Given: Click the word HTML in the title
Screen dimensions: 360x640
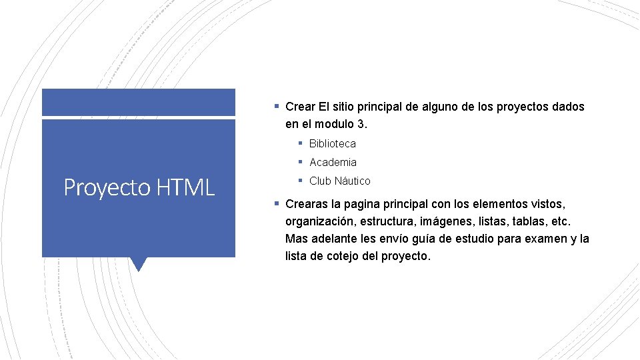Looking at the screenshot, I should coord(186,187).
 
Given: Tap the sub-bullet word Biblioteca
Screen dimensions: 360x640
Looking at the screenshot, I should coord(333,143).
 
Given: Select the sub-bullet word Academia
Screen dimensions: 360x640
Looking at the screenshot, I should coord(333,162).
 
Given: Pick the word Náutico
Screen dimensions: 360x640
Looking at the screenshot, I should coord(353,181).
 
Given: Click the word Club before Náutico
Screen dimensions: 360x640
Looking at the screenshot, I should coord(321,181).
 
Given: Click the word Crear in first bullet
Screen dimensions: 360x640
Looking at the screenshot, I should coord(300,107).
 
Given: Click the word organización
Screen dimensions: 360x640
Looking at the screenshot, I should coord(319,221).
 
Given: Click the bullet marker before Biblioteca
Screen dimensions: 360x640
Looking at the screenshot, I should coord(301,143).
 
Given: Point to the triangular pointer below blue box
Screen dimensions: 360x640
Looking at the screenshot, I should coord(139,264).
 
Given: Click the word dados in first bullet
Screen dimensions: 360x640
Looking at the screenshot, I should coord(569,107).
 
